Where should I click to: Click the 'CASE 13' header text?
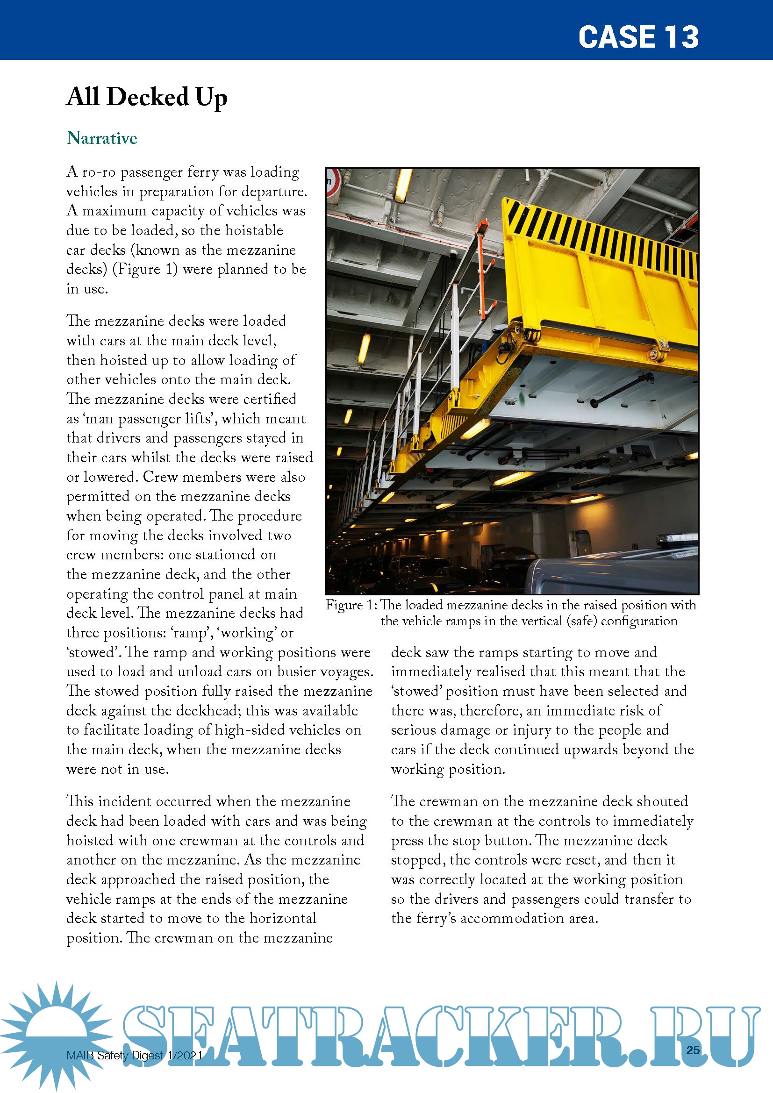[638, 37]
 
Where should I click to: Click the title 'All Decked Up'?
[147, 97]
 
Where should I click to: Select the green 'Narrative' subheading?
[102, 138]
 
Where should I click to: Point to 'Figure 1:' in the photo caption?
[351, 605]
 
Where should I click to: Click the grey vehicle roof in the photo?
[614, 571]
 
